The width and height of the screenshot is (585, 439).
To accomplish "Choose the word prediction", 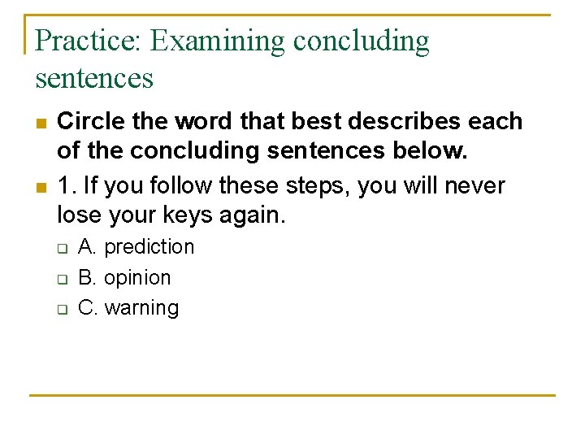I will click(x=149, y=247).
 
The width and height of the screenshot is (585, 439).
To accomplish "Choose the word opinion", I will click(x=137, y=278).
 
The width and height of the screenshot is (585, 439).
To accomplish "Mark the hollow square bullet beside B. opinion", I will click(x=61, y=279).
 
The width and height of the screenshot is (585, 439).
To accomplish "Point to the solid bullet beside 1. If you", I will click(x=40, y=187).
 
